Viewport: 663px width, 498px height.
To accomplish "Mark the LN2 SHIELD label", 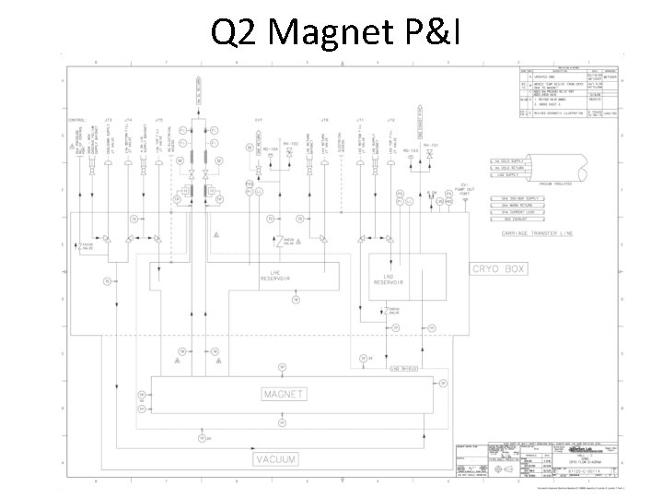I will point(404,368).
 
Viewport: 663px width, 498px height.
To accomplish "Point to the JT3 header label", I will point(109,120).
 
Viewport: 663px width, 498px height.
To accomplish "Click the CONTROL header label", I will point(76,120).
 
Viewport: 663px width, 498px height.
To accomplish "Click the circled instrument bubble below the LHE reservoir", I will point(295,300).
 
